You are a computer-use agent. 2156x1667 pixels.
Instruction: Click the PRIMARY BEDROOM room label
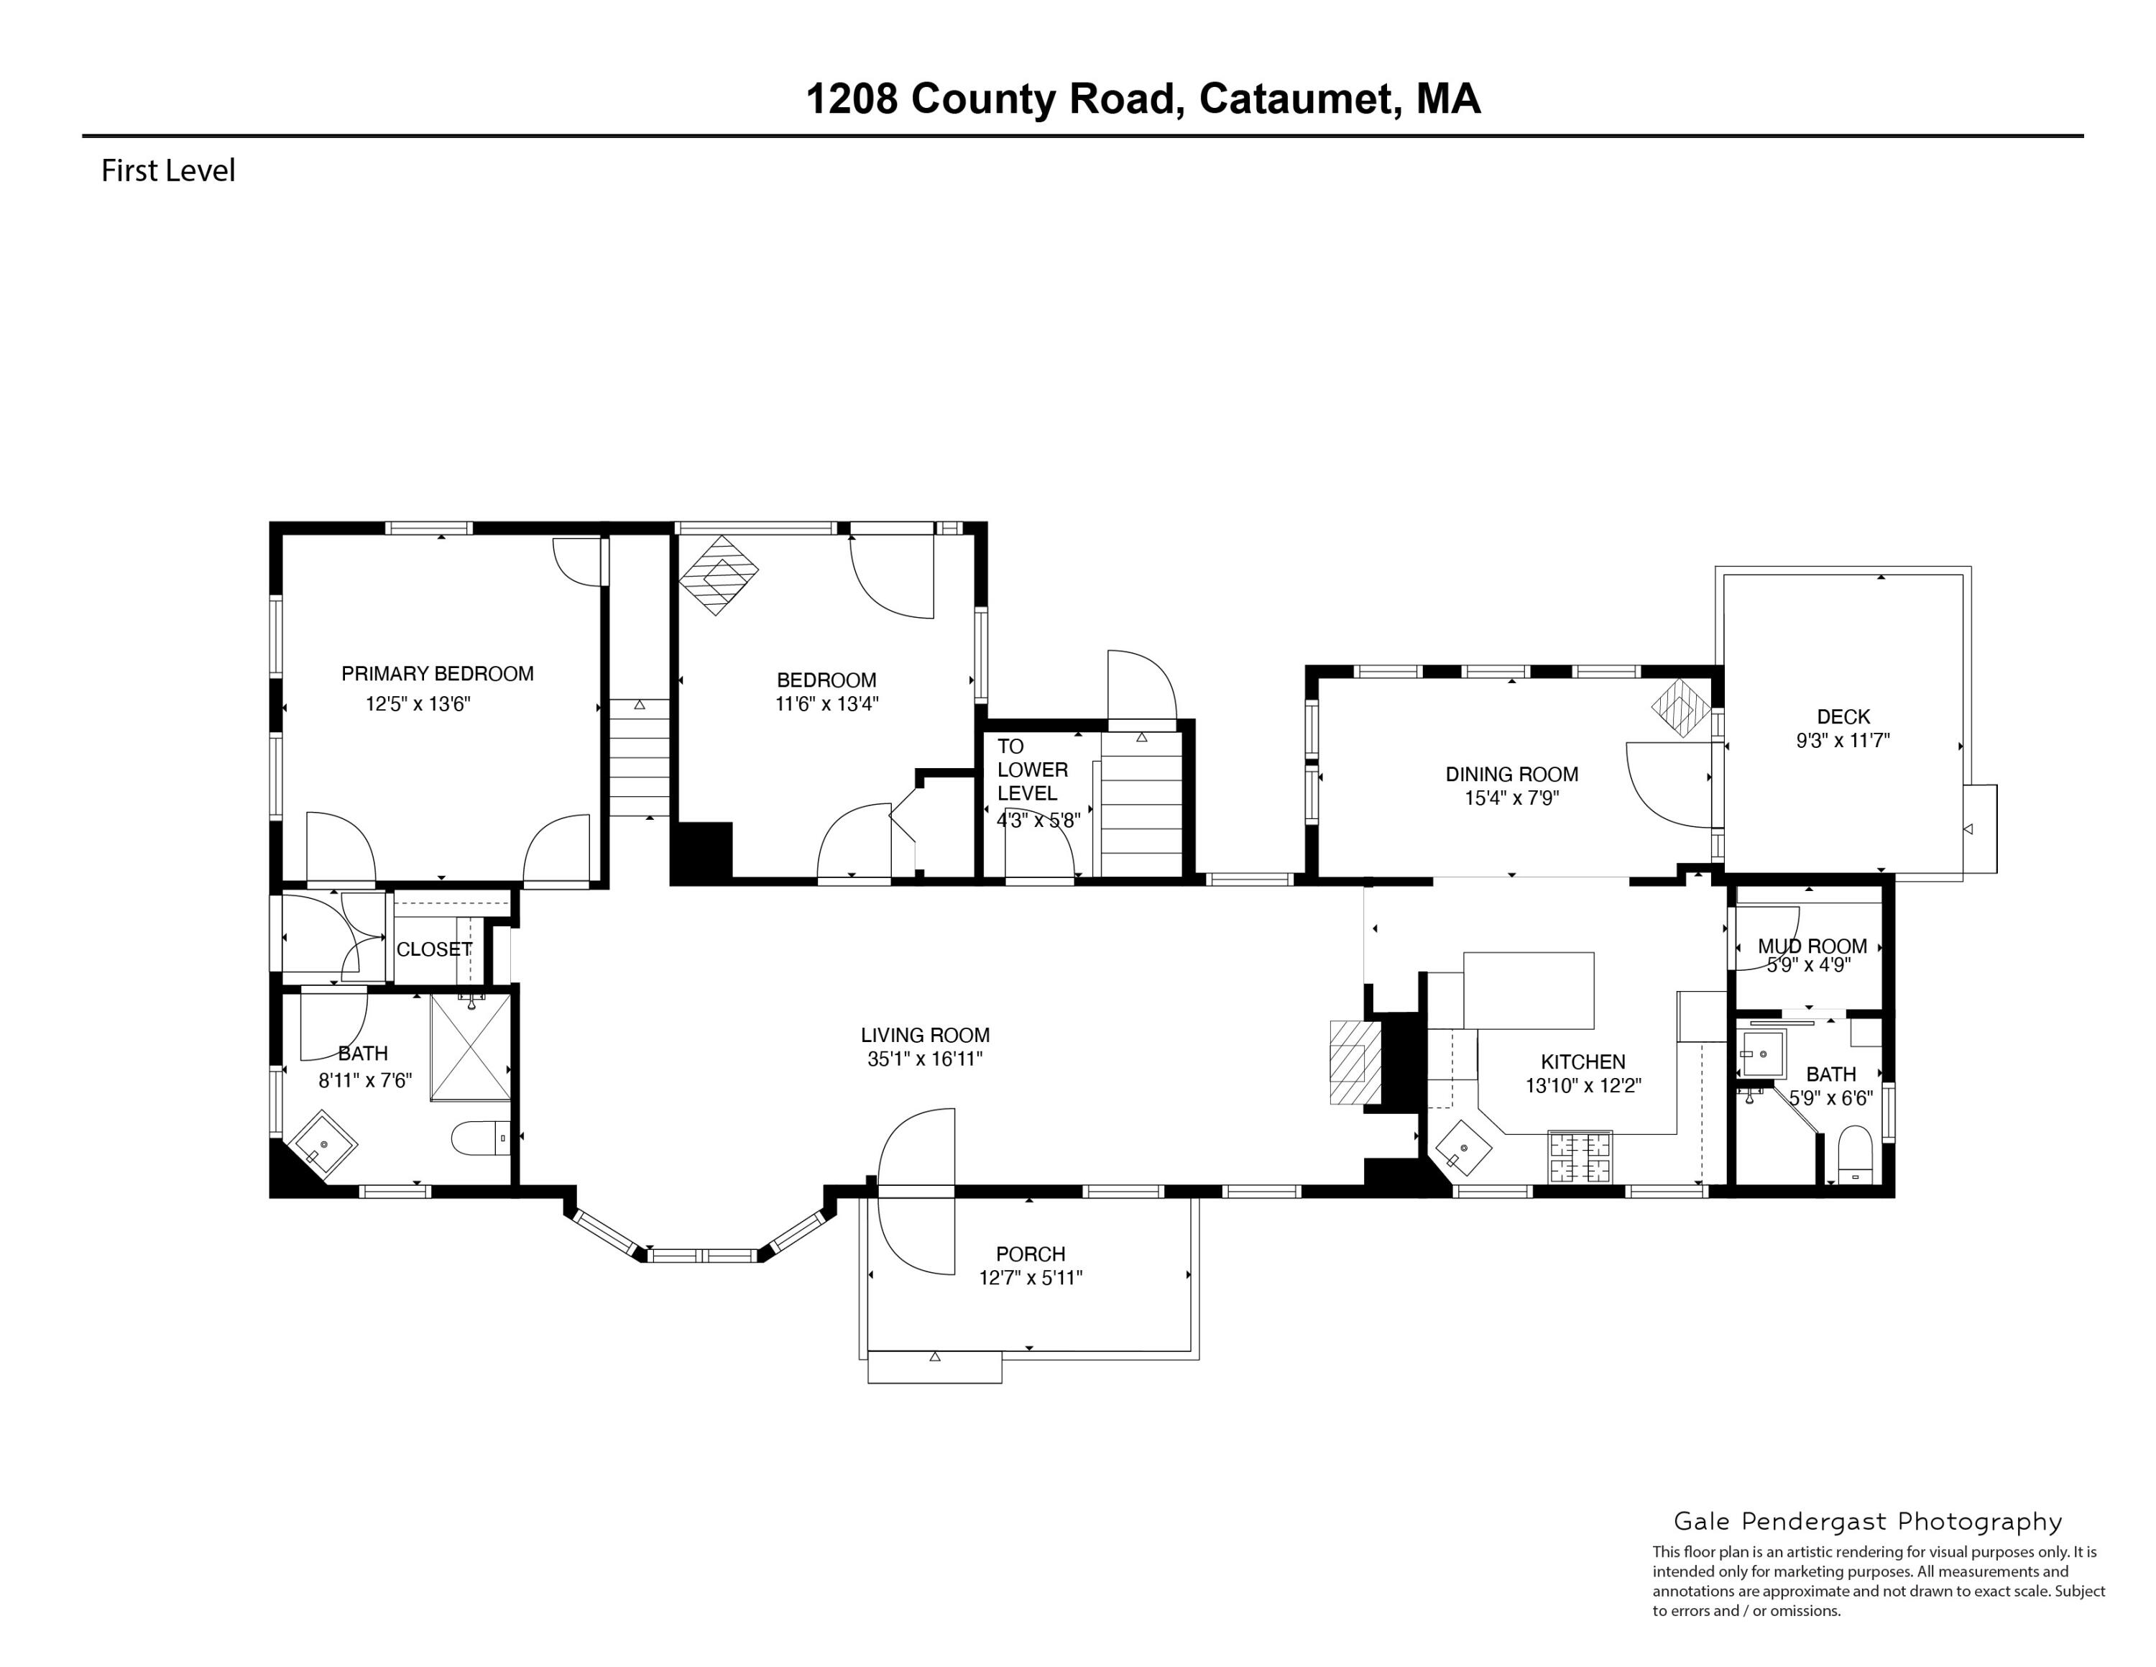click(x=438, y=674)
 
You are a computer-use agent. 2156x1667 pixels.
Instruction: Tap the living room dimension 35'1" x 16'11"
click(x=924, y=1059)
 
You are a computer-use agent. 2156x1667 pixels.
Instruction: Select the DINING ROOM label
click(x=1511, y=775)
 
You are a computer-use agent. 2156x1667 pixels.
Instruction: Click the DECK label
click(x=1843, y=717)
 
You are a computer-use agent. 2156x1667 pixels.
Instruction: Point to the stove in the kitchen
click(x=1580, y=1156)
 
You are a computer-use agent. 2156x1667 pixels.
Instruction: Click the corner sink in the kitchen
click(x=1464, y=1148)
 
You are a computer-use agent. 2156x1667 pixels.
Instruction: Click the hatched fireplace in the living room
click(x=1353, y=1061)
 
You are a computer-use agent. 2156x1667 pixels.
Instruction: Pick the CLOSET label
click(x=433, y=949)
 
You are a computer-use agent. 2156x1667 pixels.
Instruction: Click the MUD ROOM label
click(x=1812, y=946)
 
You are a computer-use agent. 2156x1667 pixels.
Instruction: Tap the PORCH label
click(x=1030, y=1254)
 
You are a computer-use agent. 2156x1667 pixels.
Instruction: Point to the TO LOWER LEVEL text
click(x=1031, y=769)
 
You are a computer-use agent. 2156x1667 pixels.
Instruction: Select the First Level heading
click(x=168, y=171)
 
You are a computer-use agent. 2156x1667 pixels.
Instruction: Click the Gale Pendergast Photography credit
click(x=1868, y=1522)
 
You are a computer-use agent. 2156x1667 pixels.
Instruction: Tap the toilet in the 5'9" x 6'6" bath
click(x=1856, y=1157)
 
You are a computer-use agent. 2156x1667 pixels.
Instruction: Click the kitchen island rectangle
click(x=1527, y=990)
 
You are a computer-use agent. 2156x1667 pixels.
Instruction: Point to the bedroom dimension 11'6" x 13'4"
click(x=826, y=704)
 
